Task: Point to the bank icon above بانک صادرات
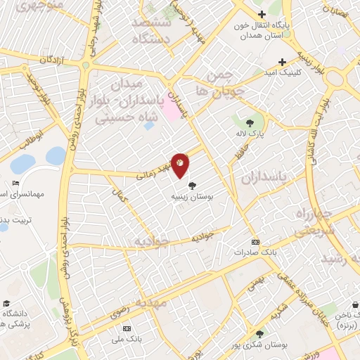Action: [255, 241]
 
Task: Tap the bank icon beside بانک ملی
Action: [127, 328]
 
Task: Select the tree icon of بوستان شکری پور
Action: [260, 333]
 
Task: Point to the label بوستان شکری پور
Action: [262, 344]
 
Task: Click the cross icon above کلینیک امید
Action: [282, 62]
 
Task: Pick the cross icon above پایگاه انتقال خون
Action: [261, 14]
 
